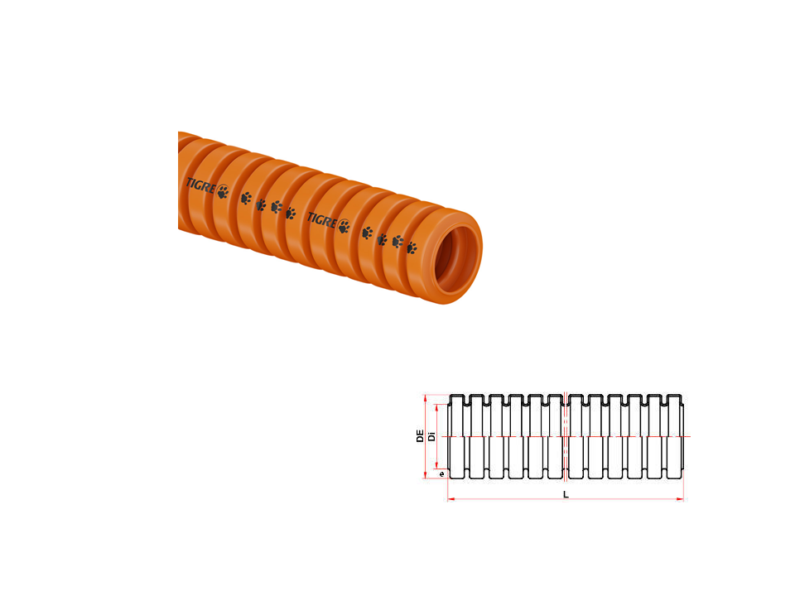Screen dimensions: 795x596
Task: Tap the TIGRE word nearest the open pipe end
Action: coord(321,220)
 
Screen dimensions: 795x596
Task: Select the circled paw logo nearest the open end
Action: coord(344,227)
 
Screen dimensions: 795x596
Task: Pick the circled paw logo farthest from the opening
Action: coord(223,191)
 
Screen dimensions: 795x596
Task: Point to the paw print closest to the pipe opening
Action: coord(412,248)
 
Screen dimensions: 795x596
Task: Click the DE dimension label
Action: coord(420,436)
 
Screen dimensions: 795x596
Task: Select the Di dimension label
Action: coord(431,436)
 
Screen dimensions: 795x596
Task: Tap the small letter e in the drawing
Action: coord(441,473)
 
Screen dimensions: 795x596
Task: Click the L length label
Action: coord(566,495)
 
